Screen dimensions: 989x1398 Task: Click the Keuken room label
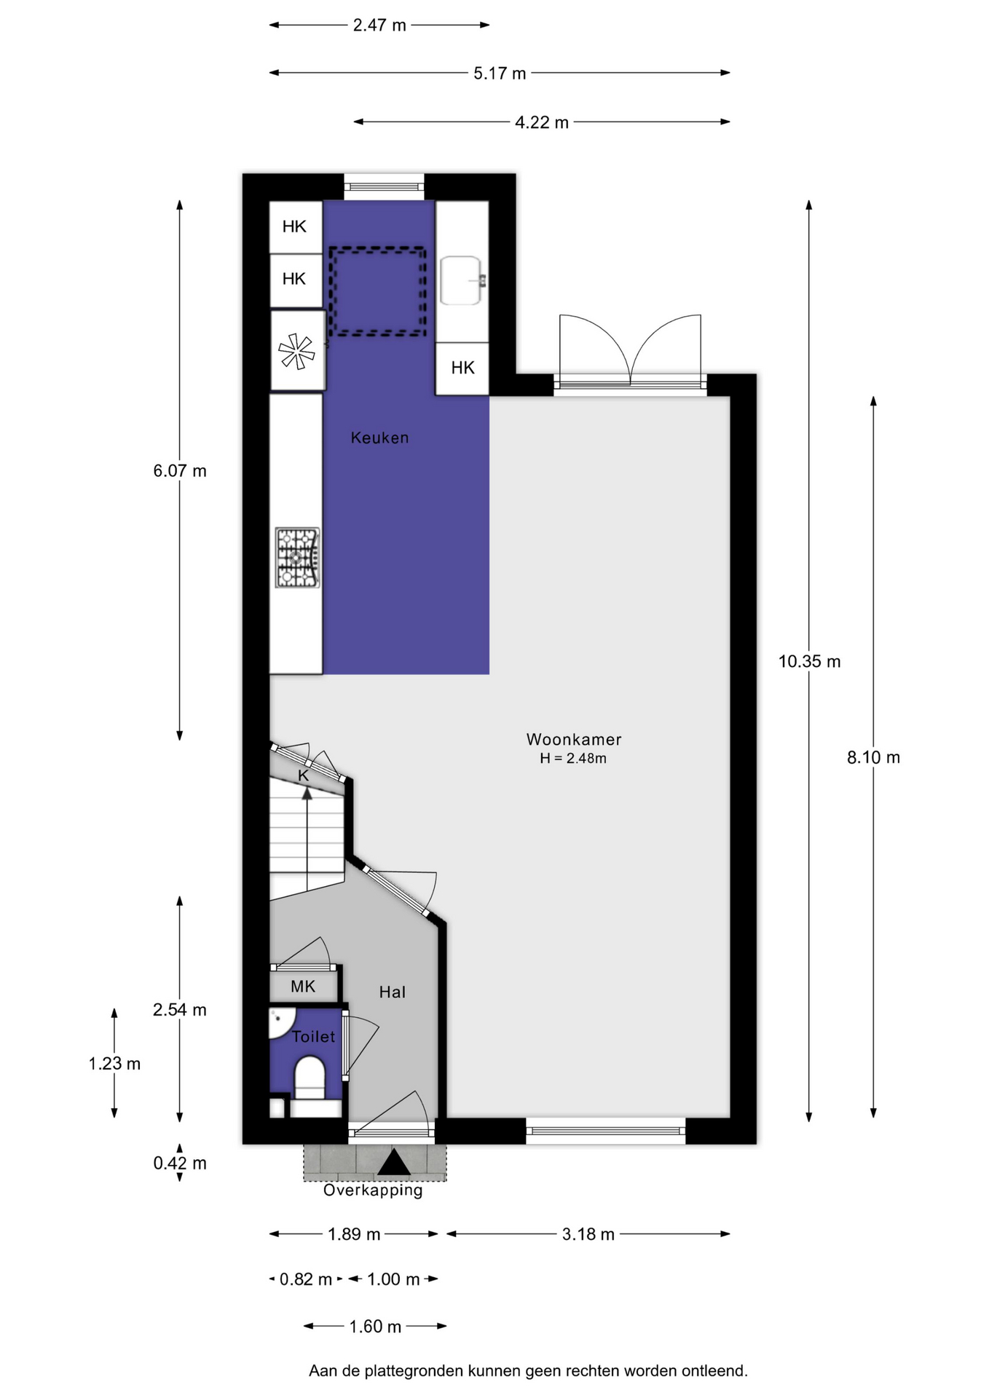click(379, 438)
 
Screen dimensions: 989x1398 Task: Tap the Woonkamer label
click(574, 739)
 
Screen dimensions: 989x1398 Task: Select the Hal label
click(392, 992)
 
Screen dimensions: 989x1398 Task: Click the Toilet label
click(314, 1036)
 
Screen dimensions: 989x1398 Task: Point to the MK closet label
click(303, 986)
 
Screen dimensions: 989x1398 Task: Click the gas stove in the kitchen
click(297, 558)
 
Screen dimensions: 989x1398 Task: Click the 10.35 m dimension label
click(809, 661)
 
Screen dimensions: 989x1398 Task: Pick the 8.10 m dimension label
click(873, 757)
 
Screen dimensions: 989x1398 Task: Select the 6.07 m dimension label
click(180, 471)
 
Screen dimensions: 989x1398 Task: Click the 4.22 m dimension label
click(542, 122)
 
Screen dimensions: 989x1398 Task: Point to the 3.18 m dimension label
click(588, 1234)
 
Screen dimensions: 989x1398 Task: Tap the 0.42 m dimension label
click(180, 1164)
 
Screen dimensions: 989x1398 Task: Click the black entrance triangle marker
click(394, 1162)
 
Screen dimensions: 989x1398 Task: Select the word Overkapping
click(373, 1190)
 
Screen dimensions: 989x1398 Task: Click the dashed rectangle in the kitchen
click(377, 250)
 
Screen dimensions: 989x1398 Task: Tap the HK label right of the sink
click(462, 368)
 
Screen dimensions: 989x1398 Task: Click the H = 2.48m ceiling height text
click(573, 759)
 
